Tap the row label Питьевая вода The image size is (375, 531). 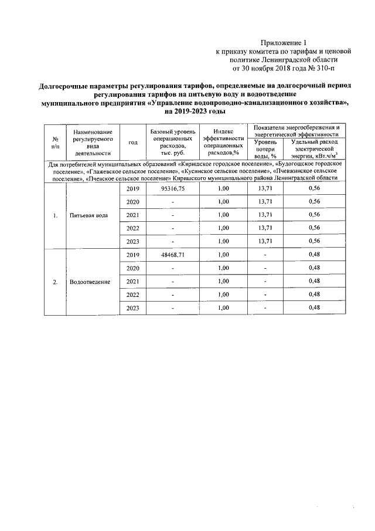[88, 215]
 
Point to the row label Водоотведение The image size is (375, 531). [90, 282]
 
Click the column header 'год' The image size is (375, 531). [133, 142]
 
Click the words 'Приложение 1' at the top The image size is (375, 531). [284, 42]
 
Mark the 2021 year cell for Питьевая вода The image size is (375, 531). [133, 215]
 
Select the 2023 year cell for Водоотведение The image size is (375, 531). [133, 308]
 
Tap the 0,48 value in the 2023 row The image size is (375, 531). [313, 308]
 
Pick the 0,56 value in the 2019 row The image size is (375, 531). [313, 189]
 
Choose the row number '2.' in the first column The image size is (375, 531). [55, 282]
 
